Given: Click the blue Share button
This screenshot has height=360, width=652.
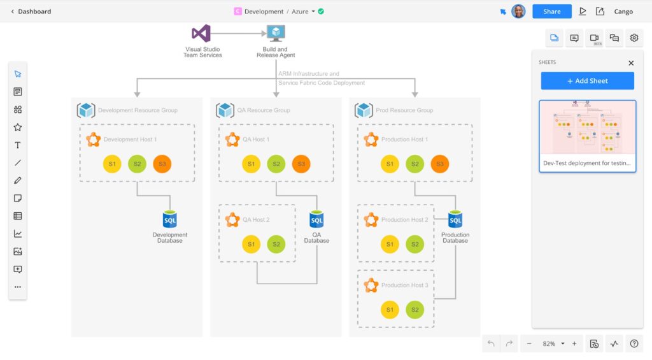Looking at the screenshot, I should click(551, 11).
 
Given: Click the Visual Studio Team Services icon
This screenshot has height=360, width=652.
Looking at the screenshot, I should click(201, 33).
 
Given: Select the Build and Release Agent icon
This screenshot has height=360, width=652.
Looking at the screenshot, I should click(276, 33).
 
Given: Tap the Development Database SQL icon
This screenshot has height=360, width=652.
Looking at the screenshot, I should click(170, 220).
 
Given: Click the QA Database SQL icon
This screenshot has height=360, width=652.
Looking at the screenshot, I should click(316, 220).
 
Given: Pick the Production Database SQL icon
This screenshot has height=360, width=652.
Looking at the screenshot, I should click(455, 220).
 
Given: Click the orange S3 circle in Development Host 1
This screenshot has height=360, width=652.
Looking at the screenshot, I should click(162, 164).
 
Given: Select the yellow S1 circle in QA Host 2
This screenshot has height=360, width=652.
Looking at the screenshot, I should click(252, 244).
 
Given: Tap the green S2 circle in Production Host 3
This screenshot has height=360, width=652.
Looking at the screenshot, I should click(415, 310).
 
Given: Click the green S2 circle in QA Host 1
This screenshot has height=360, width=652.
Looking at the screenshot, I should click(276, 164).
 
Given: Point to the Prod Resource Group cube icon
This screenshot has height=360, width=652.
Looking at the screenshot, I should click(364, 110).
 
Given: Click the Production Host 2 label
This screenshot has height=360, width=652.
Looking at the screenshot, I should click(404, 220).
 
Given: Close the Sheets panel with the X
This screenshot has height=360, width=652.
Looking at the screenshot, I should click(631, 63).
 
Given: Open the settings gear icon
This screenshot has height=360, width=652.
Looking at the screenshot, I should click(634, 38).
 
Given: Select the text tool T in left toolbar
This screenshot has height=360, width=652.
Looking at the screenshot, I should click(18, 145).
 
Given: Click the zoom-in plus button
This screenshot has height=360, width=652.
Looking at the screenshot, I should click(574, 343).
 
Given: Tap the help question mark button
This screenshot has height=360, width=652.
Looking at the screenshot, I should click(634, 343).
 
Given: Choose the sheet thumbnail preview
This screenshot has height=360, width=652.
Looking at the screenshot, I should click(587, 127).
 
